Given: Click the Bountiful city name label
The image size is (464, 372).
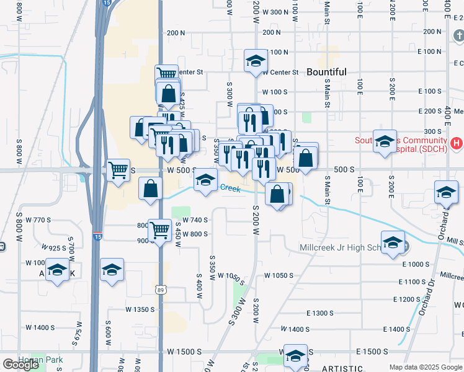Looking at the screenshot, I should point(326,72).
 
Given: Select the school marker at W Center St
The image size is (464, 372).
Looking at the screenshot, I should point(254,61).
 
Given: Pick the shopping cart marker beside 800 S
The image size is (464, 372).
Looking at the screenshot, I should point(161,230).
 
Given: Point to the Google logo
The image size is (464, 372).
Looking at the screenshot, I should point(20,365).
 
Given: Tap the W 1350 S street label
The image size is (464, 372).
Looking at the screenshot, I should point(139,309).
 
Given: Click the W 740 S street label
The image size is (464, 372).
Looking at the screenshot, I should point(195,220).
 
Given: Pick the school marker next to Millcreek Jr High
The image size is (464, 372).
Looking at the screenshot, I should point(392,242).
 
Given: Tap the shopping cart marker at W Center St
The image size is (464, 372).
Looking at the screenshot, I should point(166,73).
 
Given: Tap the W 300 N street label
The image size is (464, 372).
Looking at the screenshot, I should point(275,12).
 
